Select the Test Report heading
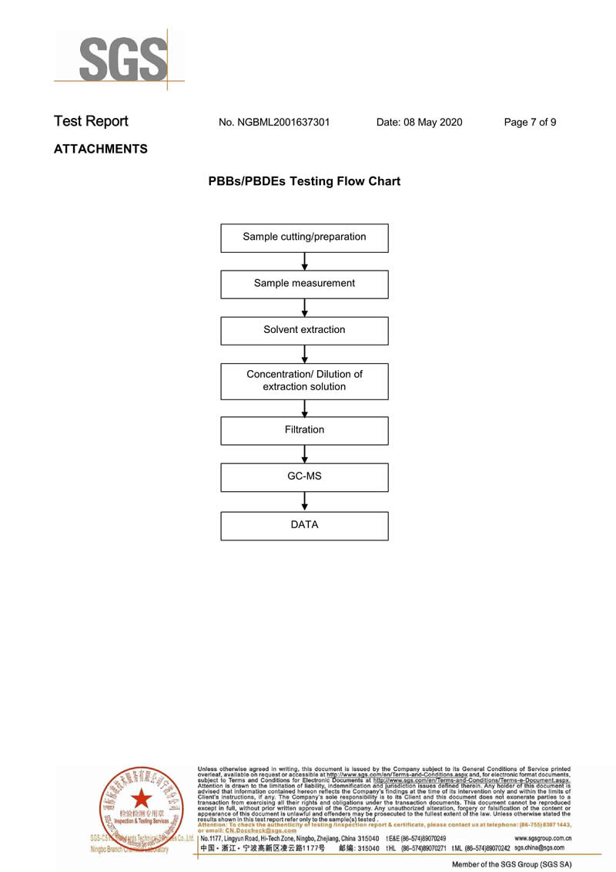point(91,122)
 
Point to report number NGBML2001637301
point(274,122)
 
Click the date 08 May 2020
point(419,122)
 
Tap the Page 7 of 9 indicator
point(530,122)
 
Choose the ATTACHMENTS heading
point(100,150)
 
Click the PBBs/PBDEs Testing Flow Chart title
point(304,182)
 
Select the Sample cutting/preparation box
point(304,237)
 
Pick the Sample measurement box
point(304,284)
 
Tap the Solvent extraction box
point(304,330)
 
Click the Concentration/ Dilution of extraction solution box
point(304,381)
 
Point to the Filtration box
point(304,430)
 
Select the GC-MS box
point(304,476)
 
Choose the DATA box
point(304,525)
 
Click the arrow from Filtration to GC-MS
point(305,453)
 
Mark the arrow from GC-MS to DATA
point(305,500)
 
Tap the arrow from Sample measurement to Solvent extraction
point(305,308)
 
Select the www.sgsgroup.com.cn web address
point(543,838)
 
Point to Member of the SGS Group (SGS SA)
point(511,865)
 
